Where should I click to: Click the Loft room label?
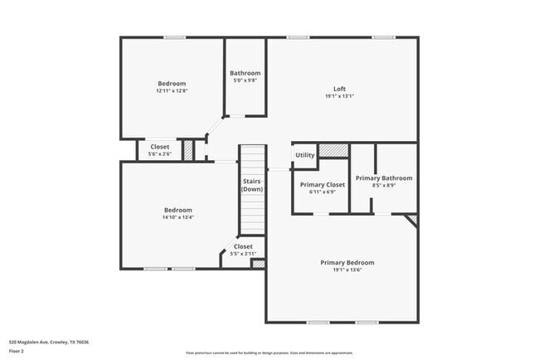(339, 89)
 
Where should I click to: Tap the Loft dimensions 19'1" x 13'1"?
(339, 96)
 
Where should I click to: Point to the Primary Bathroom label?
(384, 178)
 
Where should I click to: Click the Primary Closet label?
(322, 184)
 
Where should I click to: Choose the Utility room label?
(305, 155)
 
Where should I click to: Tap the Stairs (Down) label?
(252, 186)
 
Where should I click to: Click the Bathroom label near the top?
(245, 73)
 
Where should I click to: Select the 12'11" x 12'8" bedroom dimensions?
(172, 90)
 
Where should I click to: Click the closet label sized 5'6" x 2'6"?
(159, 154)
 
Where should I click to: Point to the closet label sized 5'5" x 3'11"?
(243, 253)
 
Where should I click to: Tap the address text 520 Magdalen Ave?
(49, 342)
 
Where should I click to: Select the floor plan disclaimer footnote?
(269, 352)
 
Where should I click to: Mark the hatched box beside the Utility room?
(333, 151)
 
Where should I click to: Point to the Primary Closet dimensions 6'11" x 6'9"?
(322, 192)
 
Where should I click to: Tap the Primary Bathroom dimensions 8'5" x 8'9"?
(384, 186)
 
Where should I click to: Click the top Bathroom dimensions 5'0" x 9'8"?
(245, 80)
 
